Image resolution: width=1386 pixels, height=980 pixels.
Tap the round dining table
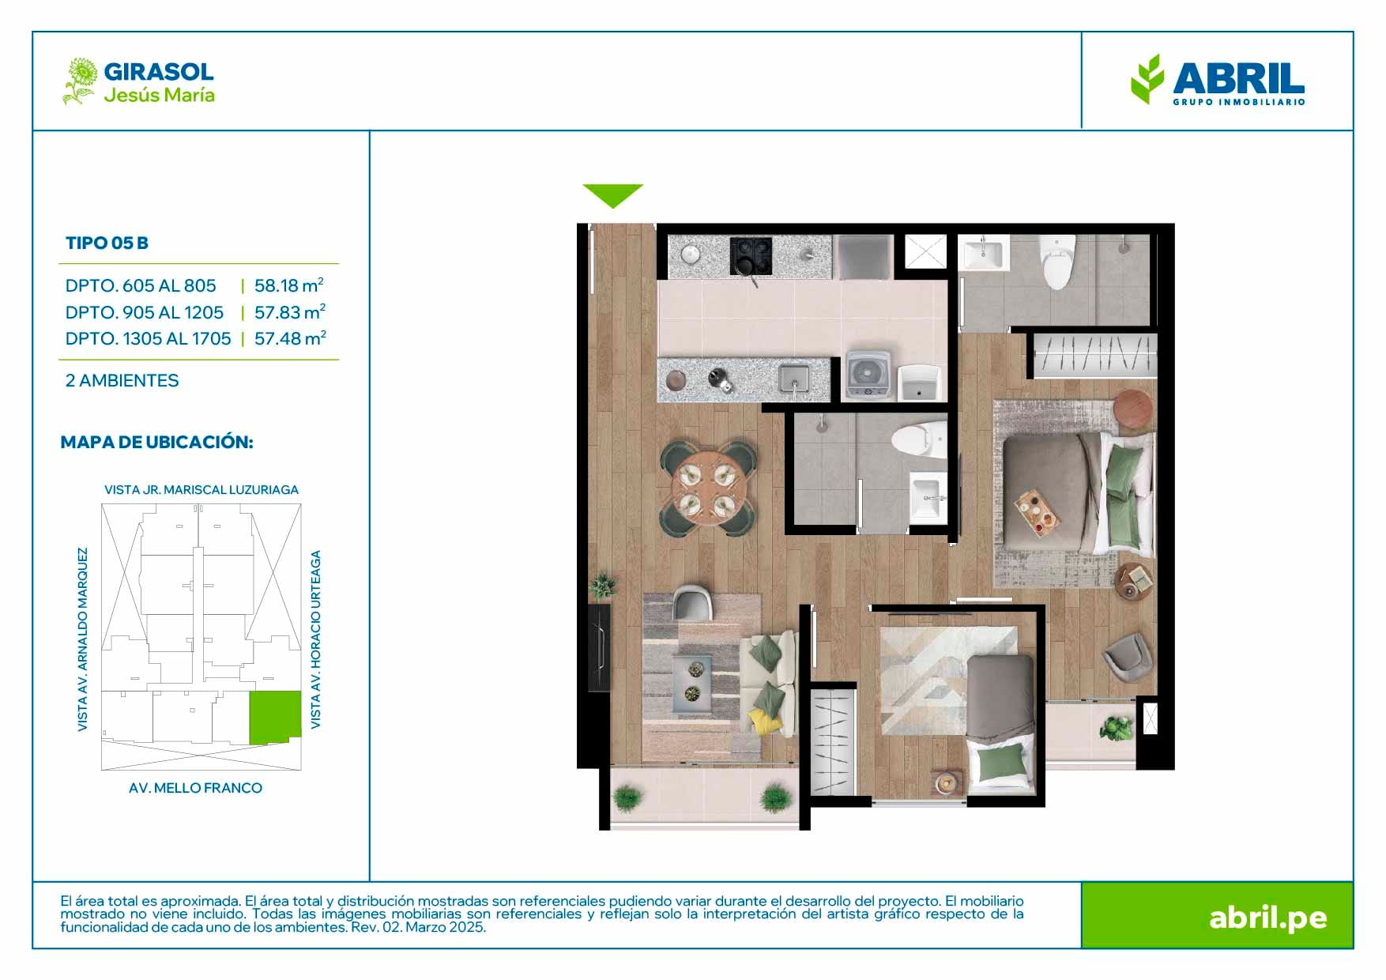coord(707,488)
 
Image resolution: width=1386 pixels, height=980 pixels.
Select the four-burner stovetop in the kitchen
coord(751,255)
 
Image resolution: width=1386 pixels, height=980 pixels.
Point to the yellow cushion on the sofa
coord(760,721)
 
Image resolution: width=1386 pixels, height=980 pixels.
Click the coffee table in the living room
coord(693,682)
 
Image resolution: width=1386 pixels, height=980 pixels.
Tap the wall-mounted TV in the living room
coord(598,646)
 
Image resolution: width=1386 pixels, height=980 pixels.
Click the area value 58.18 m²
coord(289,285)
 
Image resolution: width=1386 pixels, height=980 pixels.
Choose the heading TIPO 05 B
coord(107,243)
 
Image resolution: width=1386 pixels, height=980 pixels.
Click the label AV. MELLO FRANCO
coord(195,788)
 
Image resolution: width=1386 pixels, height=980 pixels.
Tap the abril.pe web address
coord(1268,918)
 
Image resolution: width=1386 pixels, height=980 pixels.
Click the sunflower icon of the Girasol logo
coord(80,80)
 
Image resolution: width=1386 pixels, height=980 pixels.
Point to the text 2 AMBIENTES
coord(122,380)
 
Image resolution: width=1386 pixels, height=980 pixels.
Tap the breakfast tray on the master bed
coord(1037,510)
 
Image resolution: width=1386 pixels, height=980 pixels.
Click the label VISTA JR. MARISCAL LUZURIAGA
coord(201,490)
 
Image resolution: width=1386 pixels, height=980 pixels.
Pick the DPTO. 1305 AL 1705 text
coord(149,338)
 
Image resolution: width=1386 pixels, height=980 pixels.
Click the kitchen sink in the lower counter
coord(793,379)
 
